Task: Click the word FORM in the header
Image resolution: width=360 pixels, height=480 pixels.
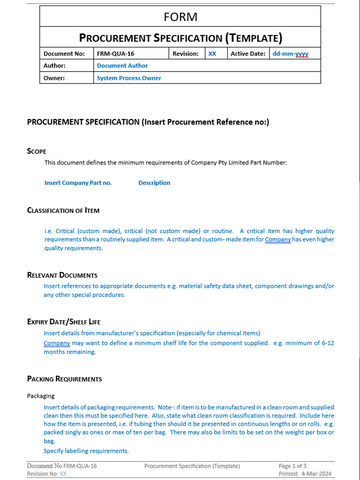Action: click(x=180, y=16)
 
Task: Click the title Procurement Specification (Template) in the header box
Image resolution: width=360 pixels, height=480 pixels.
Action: click(x=180, y=37)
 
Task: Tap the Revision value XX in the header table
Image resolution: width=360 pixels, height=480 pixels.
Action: click(x=211, y=55)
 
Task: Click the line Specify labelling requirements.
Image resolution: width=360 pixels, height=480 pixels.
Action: click(x=87, y=451)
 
